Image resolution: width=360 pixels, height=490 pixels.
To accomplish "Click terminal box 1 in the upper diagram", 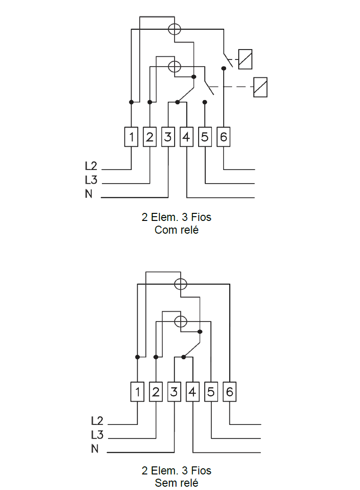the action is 131,137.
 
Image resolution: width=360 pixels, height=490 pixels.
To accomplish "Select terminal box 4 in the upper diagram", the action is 186,137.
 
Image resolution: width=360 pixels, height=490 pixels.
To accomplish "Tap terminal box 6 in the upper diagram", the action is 223,137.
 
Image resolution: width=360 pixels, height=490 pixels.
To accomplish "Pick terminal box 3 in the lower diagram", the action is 174,391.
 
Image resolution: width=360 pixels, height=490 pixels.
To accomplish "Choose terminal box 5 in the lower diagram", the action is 211,391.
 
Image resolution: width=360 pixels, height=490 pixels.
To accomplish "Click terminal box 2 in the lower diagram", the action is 156,391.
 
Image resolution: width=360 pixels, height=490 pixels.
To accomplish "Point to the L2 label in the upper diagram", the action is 91,166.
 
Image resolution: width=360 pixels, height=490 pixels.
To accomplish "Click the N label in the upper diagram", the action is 89,194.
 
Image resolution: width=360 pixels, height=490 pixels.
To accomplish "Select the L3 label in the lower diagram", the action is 97,435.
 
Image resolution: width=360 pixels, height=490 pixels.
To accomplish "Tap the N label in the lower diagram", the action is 95,449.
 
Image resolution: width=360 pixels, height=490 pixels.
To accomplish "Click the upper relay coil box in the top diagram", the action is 245,59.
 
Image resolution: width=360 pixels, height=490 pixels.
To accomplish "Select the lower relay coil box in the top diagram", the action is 260,87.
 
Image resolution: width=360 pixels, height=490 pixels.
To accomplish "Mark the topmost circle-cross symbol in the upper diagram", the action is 174,29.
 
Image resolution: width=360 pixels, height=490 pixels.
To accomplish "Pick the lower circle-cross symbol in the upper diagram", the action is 174,66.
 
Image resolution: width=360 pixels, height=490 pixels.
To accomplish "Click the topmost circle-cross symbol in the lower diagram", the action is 180,284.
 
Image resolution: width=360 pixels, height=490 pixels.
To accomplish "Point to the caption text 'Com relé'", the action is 176,230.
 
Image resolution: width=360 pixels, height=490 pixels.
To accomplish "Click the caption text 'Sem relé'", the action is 176,483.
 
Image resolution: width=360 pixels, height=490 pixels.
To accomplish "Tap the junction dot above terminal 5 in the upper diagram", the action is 205,102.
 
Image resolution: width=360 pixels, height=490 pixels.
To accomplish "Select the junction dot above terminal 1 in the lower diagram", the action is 137,357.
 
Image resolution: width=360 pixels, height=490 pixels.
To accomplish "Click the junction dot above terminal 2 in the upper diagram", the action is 150,102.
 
